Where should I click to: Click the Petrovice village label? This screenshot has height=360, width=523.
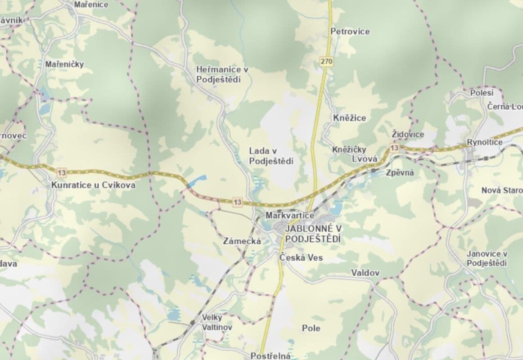(x=350, y=31)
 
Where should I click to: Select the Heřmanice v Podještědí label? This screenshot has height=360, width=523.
(x=222, y=75)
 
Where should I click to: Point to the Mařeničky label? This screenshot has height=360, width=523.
(x=64, y=64)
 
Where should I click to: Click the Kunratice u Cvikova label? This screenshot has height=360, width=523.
(x=93, y=185)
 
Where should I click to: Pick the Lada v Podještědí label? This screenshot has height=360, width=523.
(x=271, y=156)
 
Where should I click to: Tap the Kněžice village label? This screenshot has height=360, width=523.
(x=350, y=118)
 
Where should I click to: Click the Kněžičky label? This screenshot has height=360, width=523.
(x=349, y=150)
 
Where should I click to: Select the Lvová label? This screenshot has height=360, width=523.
(x=364, y=159)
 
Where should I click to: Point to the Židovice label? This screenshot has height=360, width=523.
(x=408, y=135)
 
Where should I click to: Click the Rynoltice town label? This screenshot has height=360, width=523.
(x=484, y=142)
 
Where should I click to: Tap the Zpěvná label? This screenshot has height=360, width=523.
(x=400, y=172)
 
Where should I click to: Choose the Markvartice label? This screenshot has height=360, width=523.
(x=290, y=216)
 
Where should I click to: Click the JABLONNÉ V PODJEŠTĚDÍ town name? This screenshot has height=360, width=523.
(x=313, y=234)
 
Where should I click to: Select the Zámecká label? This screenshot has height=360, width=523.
(x=242, y=241)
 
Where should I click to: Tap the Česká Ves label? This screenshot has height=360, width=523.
(x=301, y=258)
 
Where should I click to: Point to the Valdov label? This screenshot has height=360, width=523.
(x=365, y=273)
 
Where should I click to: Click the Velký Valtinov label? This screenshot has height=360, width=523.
(x=217, y=322)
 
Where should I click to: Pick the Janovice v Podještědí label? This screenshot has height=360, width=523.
(x=487, y=259)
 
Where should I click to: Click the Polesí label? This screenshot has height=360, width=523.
(x=482, y=93)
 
